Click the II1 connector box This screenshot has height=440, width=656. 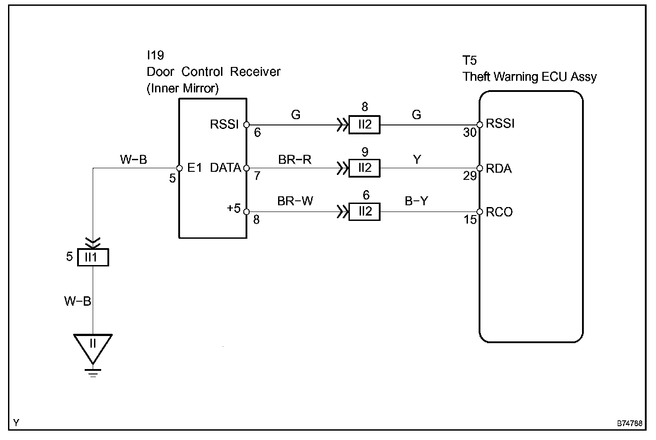point(93,257)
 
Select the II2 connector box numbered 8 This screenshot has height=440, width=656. point(364,125)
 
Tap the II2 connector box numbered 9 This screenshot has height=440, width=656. point(364,168)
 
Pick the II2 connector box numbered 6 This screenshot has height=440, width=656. point(364,212)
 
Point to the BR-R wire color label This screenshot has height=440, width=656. point(295,160)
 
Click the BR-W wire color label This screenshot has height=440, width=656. point(295,201)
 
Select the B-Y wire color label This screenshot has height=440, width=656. point(416,201)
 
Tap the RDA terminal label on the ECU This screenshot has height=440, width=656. point(499,168)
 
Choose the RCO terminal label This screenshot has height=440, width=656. point(499,212)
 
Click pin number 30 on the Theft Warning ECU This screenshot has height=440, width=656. point(470,133)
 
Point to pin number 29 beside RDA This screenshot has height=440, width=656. point(470,176)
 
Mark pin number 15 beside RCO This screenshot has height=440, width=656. point(470,220)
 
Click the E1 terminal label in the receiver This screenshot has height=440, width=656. point(194,168)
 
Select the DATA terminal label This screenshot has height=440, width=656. point(225,168)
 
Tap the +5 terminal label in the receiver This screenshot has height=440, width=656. point(234,208)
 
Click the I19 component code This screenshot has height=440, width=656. point(155,55)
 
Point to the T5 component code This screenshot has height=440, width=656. point(469,60)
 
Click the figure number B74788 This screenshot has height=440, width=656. point(630,423)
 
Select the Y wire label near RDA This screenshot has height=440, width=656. point(417,160)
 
